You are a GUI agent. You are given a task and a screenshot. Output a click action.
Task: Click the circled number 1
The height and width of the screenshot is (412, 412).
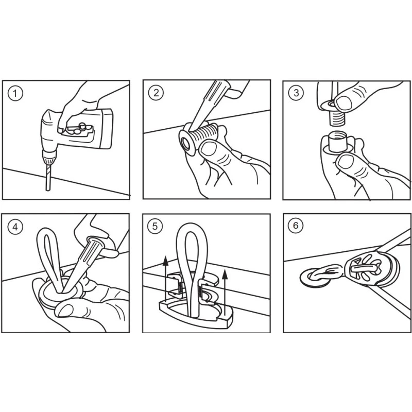pos(15,93)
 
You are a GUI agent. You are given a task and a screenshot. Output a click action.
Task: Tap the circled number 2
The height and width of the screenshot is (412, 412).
pos(156,93)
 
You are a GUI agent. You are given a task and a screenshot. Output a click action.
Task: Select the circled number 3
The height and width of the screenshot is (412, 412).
pos(296,93)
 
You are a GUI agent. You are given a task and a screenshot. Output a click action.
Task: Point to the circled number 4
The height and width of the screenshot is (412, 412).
pos(15,227)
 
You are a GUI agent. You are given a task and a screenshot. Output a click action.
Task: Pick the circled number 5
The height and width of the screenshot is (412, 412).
pos(155,226)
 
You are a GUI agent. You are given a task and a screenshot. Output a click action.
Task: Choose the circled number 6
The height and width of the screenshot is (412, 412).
pos(296,226)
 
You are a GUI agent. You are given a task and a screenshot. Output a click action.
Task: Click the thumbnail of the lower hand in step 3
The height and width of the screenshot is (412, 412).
pos(345,161)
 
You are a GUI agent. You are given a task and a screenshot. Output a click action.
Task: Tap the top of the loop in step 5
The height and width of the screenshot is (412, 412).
pos(193,226)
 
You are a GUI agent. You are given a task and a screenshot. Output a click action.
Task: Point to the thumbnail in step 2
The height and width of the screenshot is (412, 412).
pos(209,149)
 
